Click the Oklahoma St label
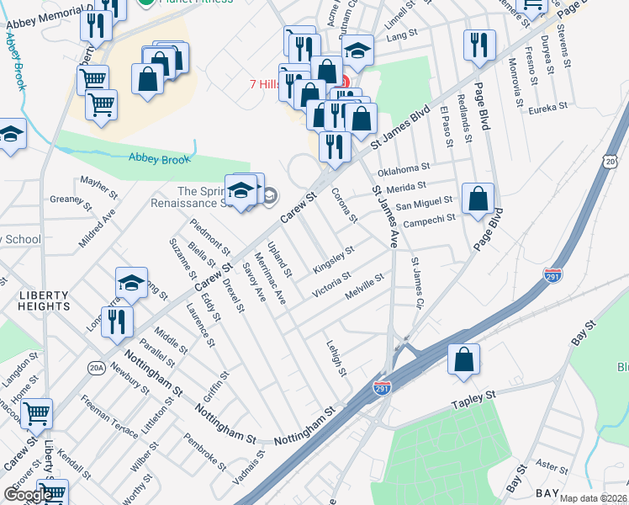pyautogui.click(x=404, y=167)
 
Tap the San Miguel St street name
pyautogui.click(x=425, y=202)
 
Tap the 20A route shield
pyautogui.click(x=97, y=368)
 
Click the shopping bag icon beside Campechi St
pyautogui.click(x=478, y=199)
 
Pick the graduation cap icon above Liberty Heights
pyautogui.click(x=132, y=284)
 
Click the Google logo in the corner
pyautogui.click(x=29, y=495)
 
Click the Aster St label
pyautogui.click(x=552, y=465)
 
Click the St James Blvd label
pyautogui.click(x=395, y=127)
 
